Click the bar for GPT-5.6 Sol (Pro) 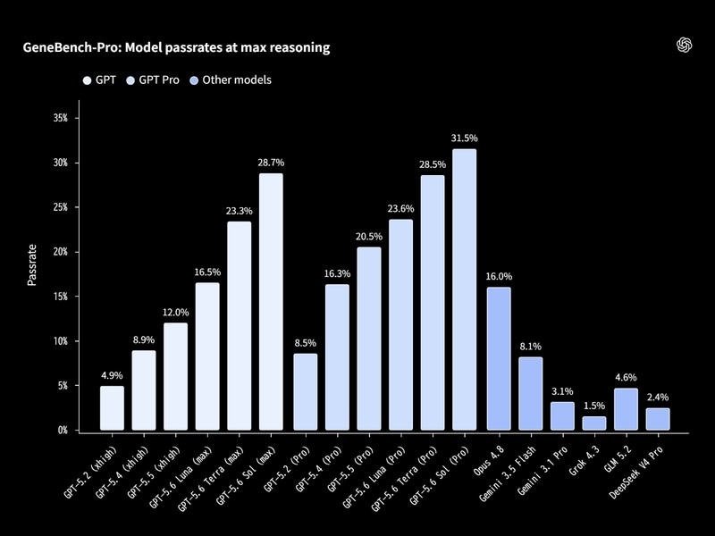tap(464, 289)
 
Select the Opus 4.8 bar tap(499, 359)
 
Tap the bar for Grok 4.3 tap(594, 423)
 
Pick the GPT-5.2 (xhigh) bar tap(112, 408)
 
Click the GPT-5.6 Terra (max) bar tap(239, 326)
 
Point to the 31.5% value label tap(464, 138)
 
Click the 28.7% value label tap(271, 163)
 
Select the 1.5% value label tap(594, 406)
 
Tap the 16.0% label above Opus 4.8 tap(499, 276)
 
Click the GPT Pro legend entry tap(153, 80)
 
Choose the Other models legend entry tap(231, 80)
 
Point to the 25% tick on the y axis tap(60, 207)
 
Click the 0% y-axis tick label tap(63, 431)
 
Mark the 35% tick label tap(60, 118)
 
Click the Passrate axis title tap(31, 265)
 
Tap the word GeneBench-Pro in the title tap(71, 47)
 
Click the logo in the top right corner tap(684, 46)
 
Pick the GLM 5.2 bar tap(627, 409)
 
